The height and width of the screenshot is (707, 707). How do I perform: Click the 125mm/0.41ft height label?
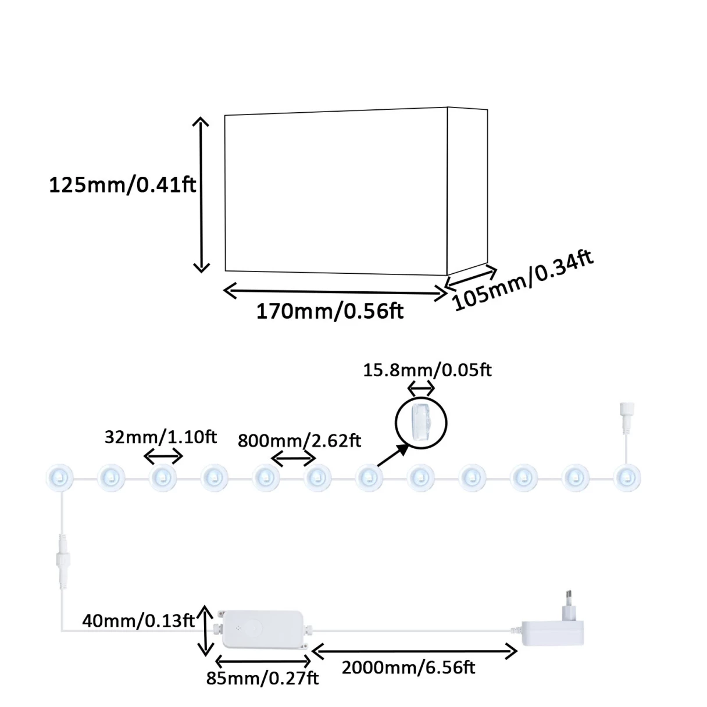pos(122,185)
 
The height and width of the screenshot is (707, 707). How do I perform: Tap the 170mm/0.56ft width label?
pos(330,312)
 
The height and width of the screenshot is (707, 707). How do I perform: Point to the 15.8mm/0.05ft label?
pos(427,370)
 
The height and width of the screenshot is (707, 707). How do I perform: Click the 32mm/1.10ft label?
pos(160,437)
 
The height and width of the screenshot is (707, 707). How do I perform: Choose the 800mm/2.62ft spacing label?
pos(299,441)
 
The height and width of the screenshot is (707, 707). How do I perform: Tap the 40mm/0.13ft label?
pos(138,621)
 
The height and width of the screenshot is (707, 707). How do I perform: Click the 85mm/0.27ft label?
pos(262,679)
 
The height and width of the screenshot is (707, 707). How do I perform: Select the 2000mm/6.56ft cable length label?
pos(408,667)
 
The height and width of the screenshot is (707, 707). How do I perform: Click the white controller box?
pos(263,629)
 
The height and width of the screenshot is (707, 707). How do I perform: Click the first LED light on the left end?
pos(60,479)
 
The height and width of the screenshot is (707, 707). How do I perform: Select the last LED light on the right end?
pos(627,479)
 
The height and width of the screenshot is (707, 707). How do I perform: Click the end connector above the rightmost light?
pos(627,414)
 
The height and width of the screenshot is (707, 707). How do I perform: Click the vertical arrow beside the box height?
pos(201,195)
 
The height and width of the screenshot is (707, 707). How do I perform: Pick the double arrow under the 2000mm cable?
pos(415,651)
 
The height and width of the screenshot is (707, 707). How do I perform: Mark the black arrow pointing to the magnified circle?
pos(393,455)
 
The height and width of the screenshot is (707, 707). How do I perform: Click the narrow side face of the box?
pos(467,191)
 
